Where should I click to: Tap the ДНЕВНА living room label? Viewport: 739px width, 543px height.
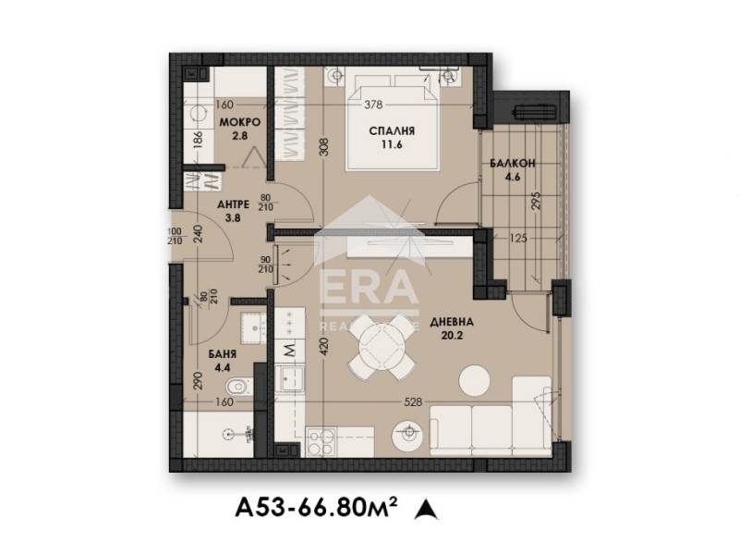(x=456, y=323)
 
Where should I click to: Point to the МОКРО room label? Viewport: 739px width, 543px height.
(x=238, y=123)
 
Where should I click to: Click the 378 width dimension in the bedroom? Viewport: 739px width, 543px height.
(x=372, y=105)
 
